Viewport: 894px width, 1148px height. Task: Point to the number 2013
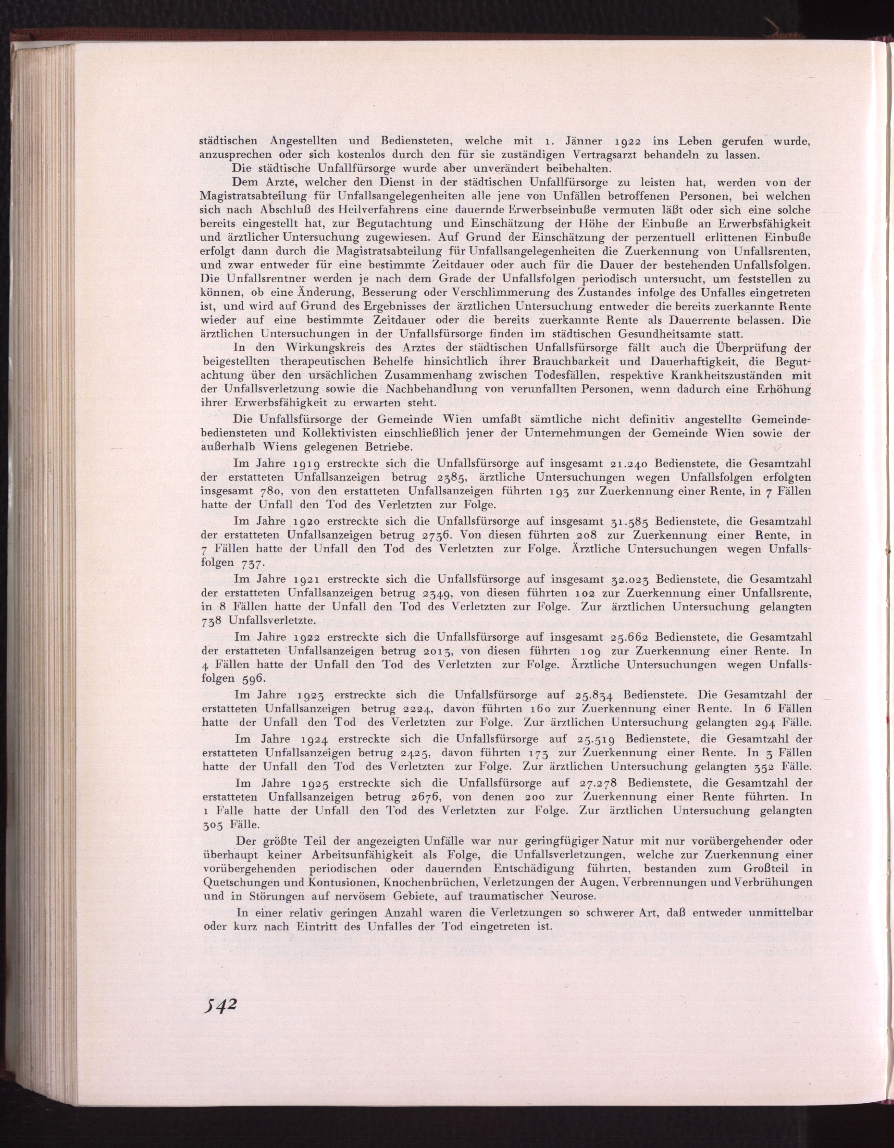point(439,651)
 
